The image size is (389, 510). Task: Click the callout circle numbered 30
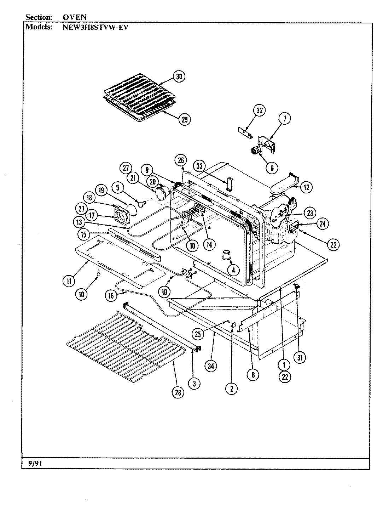[x=179, y=77]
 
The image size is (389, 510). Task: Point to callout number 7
[x=285, y=120]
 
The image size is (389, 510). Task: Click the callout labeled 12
[x=306, y=187]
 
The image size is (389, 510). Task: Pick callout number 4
[x=232, y=270]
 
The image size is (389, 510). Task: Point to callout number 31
[x=300, y=357]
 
